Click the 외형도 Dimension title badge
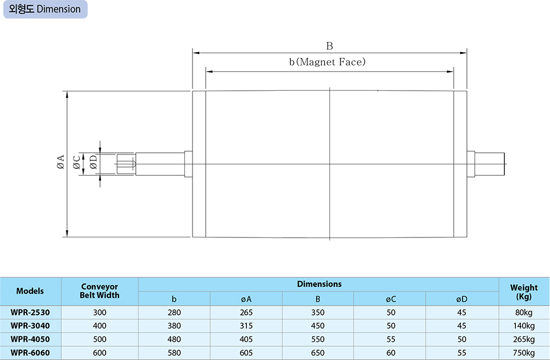[x=45, y=9]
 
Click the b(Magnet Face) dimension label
[x=327, y=62]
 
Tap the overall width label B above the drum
[x=329, y=46]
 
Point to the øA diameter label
[x=60, y=163]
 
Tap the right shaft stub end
[x=492, y=163]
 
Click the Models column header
[x=30, y=291]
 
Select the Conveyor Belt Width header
[x=100, y=291]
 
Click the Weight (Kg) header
[x=524, y=291]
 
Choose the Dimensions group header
[x=319, y=284]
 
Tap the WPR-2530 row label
[x=30, y=312]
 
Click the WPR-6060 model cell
[x=30, y=353]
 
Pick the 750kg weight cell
[x=524, y=353]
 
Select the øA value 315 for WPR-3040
[x=246, y=326]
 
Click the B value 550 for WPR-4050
[x=318, y=339]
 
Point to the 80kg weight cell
[x=524, y=312]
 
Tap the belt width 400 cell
[x=100, y=326]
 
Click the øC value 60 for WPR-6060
[x=391, y=353]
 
